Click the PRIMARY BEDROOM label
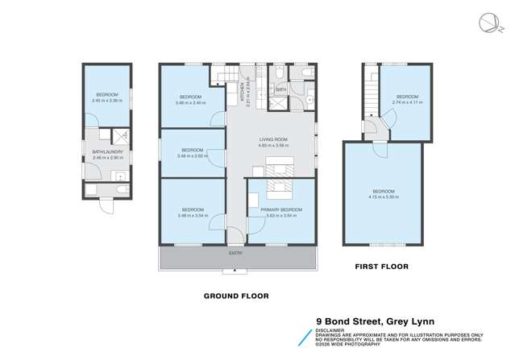(x=280, y=209)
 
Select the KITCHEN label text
(x=242, y=93)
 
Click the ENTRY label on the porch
(x=235, y=253)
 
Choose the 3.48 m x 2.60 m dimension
(x=192, y=155)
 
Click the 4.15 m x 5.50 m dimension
(x=384, y=197)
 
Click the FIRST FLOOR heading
(x=382, y=266)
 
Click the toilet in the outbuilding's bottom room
(x=119, y=189)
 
